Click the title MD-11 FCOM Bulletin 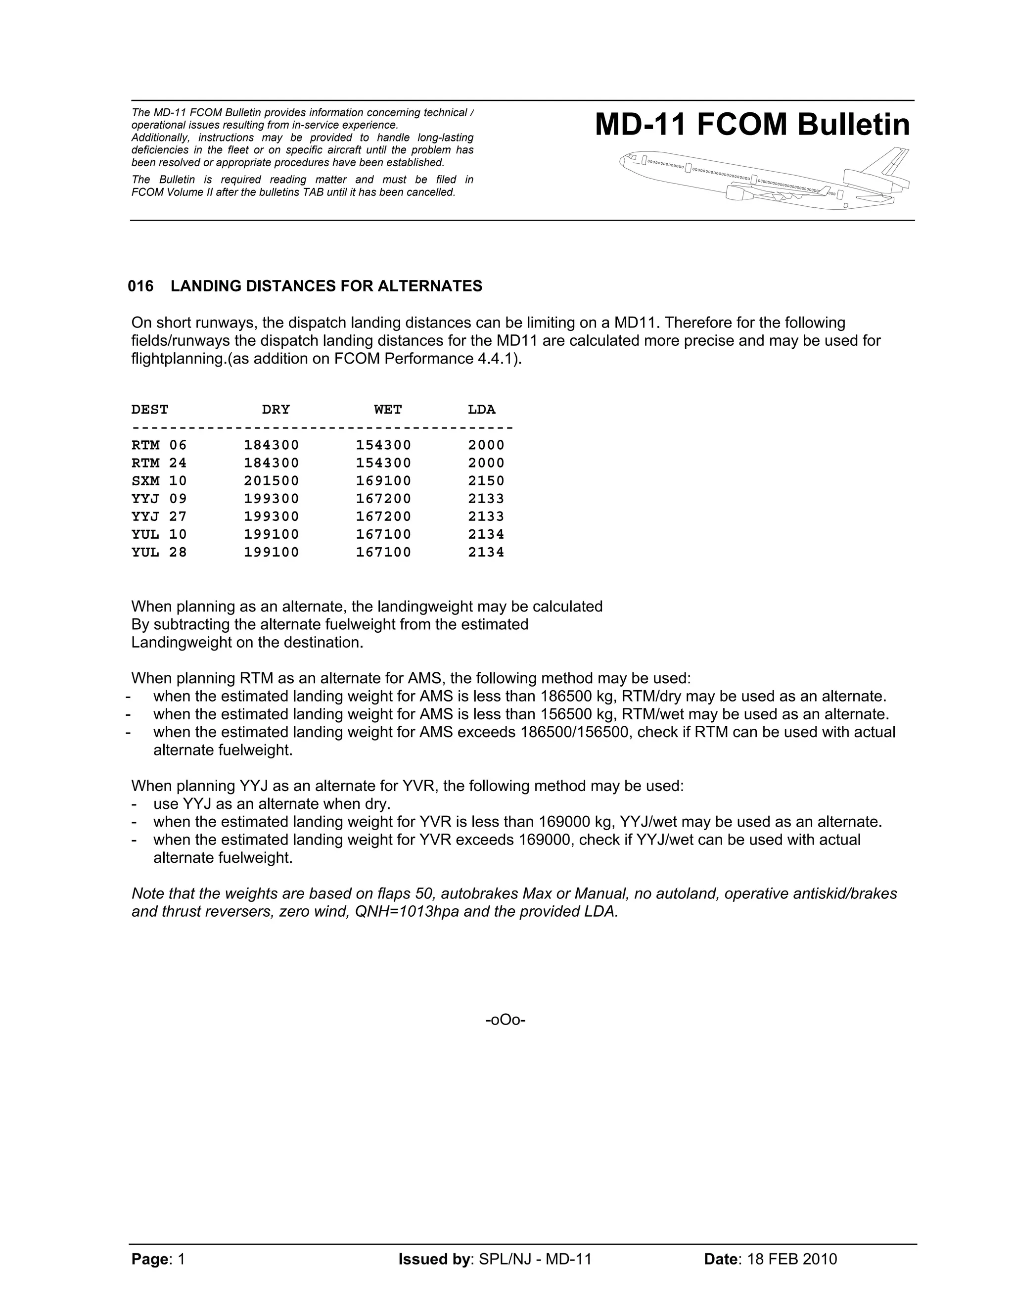[x=752, y=125]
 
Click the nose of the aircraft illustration [x=624, y=161]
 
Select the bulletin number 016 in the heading [x=140, y=286]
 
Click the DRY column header [x=276, y=410]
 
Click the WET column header [x=388, y=410]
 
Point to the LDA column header [x=481, y=410]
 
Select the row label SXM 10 [x=159, y=481]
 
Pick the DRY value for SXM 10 [x=271, y=481]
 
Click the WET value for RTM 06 [x=383, y=445]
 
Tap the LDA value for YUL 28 [x=486, y=552]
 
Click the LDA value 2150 [x=486, y=481]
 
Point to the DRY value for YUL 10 [x=271, y=535]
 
